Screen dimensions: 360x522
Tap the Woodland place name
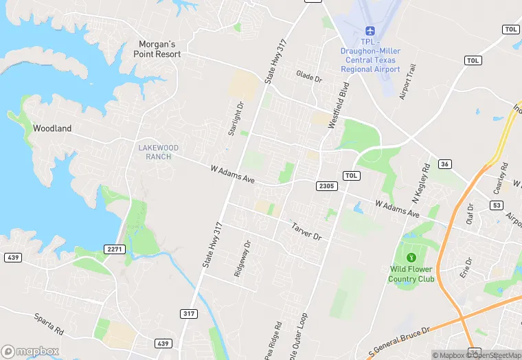pos(52,128)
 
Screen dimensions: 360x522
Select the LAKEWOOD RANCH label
pos(158,152)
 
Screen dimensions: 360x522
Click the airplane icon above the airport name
pos(370,32)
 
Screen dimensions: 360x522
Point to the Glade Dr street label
pos(309,76)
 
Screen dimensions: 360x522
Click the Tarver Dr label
pos(306,231)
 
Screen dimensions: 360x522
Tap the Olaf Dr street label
pos(470,214)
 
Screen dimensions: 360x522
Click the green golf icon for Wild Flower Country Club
pos(411,257)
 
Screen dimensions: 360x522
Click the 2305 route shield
pos(326,186)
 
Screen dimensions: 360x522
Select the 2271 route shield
pos(114,249)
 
